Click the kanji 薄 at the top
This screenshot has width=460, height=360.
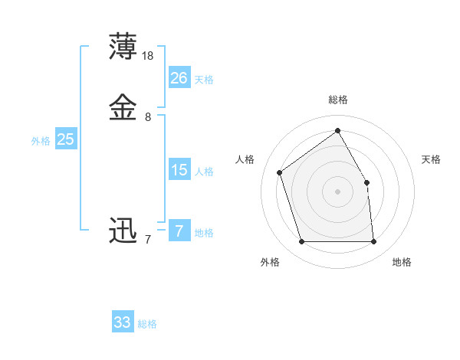pyautogui.click(x=124, y=47)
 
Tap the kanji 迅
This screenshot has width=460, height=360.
pyautogui.click(x=124, y=231)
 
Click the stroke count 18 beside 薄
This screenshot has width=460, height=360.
pyautogui.click(x=148, y=56)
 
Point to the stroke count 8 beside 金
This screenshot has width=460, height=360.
pyautogui.click(x=148, y=117)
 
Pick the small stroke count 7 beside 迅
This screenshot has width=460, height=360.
pyautogui.click(x=148, y=240)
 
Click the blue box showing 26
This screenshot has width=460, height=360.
pyautogui.click(x=179, y=78)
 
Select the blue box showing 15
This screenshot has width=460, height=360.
pyautogui.click(x=179, y=170)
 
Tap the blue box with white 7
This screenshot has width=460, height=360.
pyautogui.click(x=179, y=231)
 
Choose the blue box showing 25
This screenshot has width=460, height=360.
pyautogui.click(x=66, y=139)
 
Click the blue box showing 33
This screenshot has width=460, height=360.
pyautogui.click(x=123, y=322)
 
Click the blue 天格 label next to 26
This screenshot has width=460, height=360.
pyautogui.click(x=204, y=80)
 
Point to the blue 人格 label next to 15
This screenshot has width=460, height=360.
pyautogui.click(x=204, y=172)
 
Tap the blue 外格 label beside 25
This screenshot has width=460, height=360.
pyautogui.click(x=41, y=141)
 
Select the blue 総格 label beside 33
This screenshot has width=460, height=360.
pyautogui.click(x=147, y=324)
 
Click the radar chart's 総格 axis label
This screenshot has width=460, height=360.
pyautogui.click(x=337, y=100)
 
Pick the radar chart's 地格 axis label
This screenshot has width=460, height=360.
pyautogui.click(x=402, y=262)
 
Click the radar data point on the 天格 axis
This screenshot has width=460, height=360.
pyautogui.click(x=366, y=182)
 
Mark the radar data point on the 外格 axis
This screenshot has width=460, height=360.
pyautogui.click(x=301, y=242)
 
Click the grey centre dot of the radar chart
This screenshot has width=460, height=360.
pyautogui.click(x=337, y=191)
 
